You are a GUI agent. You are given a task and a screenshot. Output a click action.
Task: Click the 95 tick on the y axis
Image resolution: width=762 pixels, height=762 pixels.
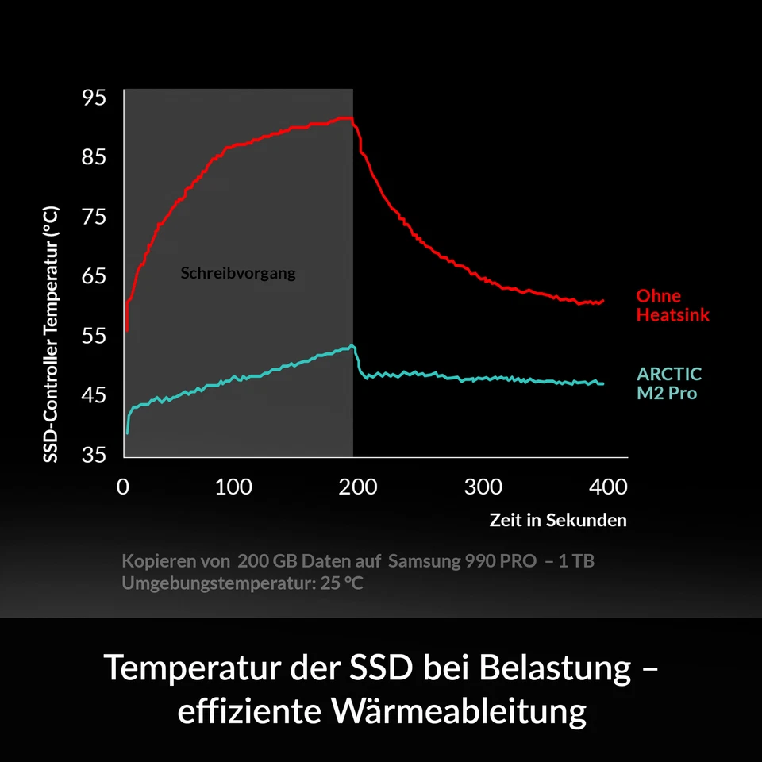click(x=94, y=98)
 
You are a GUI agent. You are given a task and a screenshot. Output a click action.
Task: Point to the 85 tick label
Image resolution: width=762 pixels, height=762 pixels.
click(x=94, y=157)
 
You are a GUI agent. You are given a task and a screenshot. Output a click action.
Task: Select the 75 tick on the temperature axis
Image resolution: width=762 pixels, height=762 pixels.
click(x=94, y=217)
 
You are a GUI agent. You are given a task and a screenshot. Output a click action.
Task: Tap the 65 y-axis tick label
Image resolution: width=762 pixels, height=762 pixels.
click(x=94, y=276)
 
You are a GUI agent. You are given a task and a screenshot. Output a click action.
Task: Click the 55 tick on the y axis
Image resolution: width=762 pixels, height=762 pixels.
click(x=94, y=336)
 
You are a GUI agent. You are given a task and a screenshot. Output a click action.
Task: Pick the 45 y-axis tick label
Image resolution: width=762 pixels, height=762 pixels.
click(x=94, y=395)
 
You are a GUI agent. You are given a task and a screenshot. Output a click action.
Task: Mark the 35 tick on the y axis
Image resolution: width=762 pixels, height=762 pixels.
click(x=94, y=455)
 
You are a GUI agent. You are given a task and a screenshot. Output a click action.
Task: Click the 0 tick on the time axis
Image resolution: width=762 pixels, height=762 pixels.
click(x=123, y=487)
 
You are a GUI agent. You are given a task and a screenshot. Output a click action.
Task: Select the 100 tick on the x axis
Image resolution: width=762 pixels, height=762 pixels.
click(x=233, y=487)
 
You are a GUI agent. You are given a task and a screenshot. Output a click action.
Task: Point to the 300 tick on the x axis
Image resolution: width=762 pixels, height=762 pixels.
click(x=483, y=487)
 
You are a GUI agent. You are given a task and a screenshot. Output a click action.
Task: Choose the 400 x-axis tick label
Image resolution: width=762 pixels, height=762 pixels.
click(x=607, y=487)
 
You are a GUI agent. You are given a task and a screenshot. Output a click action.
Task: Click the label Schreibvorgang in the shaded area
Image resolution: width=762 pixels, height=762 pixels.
click(x=238, y=274)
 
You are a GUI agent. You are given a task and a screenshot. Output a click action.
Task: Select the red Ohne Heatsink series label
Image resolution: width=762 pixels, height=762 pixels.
click(x=672, y=306)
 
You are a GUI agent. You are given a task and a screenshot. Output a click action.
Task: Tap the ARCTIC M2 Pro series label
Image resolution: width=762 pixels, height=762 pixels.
click(x=669, y=383)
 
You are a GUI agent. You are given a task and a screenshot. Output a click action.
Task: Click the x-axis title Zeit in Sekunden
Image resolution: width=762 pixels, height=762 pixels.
click(x=558, y=521)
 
